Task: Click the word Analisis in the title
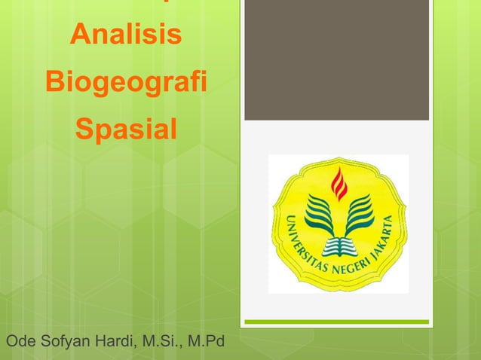coord(125,35)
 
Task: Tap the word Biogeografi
coord(125,81)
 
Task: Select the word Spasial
coord(125,129)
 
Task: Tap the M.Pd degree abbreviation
coord(206,343)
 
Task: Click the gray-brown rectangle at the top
coord(336,60)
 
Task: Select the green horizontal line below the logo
coord(336,322)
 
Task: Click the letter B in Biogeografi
coord(55,81)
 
